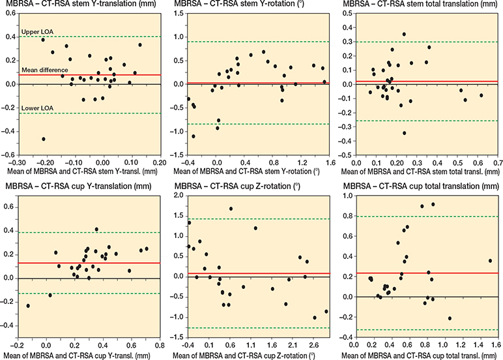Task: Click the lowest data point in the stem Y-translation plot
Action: click(44, 139)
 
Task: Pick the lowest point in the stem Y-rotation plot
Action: click(194, 136)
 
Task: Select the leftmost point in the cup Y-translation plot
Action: click(28, 306)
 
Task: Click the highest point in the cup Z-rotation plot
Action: click(231, 209)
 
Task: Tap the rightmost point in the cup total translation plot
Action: click(490, 261)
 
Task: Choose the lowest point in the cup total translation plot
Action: click(450, 318)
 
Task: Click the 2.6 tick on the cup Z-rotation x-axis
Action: click(314, 346)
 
